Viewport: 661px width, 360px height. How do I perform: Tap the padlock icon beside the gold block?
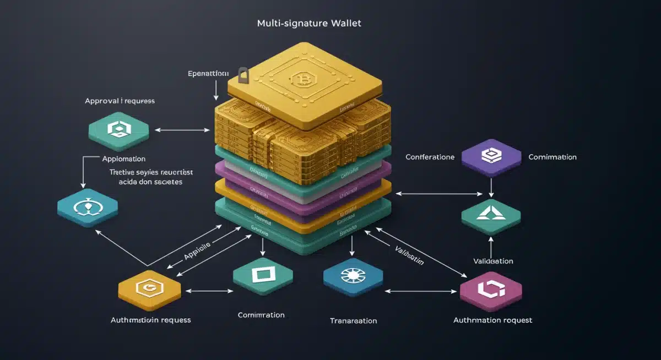[243, 76]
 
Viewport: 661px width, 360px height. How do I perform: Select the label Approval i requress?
[120, 101]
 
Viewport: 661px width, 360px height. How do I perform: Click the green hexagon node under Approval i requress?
[119, 130]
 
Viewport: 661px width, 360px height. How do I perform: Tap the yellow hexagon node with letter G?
[150, 287]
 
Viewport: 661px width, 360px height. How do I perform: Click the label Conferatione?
[430, 157]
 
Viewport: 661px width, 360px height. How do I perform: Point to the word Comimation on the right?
[552, 157]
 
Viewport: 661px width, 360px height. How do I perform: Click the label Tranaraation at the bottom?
[353, 320]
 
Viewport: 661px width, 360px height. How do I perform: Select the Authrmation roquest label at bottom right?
[492, 320]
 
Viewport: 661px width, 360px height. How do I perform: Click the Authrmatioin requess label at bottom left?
[150, 319]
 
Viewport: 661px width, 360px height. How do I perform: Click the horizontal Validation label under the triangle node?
[493, 261]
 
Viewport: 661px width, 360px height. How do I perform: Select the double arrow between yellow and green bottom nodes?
[209, 291]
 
